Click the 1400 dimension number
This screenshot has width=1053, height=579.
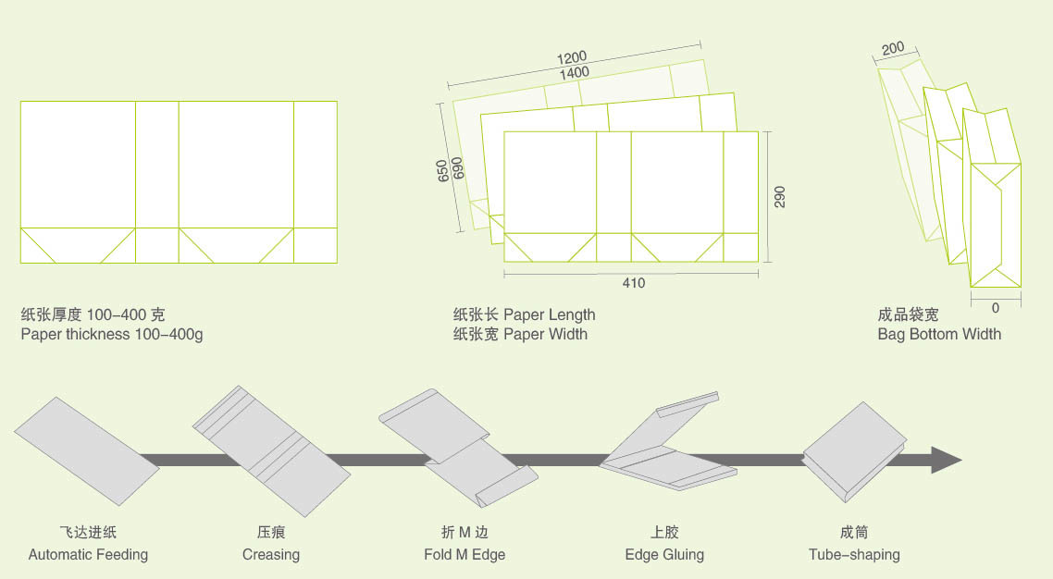coord(575,73)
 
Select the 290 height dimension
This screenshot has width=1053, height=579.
coord(779,196)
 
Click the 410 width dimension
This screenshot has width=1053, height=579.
coord(633,283)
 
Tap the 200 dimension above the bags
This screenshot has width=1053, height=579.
coord(893,48)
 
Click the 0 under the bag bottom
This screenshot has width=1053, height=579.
coord(996,307)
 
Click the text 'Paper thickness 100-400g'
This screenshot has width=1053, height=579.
coord(112,334)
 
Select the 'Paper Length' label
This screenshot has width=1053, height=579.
coord(550,314)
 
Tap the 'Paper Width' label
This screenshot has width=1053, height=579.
coord(545,334)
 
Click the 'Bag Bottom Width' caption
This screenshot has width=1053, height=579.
coord(939,334)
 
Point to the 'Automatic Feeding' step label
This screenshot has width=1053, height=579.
coord(88,555)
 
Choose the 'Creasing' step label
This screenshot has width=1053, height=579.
coord(271,555)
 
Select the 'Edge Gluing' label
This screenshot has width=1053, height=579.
coord(664,555)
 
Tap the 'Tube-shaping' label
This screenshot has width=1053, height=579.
coord(854,555)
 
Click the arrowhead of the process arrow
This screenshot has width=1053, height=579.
coord(947,460)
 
